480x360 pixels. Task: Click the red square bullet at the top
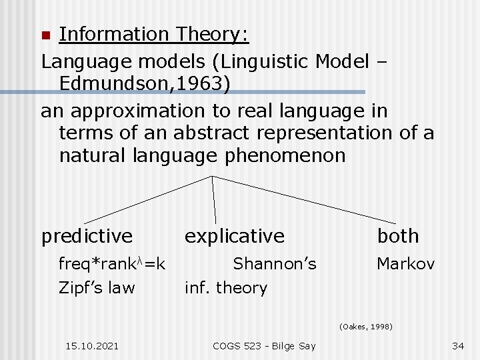click(46, 35)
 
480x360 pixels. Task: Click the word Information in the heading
click(114, 33)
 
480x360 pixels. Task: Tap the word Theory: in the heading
click(211, 33)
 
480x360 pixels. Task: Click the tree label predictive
click(87, 236)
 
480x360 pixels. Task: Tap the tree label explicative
click(234, 236)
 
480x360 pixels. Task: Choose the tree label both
click(398, 236)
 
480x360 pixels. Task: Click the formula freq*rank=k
click(112, 264)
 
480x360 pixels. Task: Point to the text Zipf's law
click(97, 288)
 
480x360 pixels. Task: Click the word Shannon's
click(274, 264)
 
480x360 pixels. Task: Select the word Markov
click(405, 264)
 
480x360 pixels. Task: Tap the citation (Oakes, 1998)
click(365, 327)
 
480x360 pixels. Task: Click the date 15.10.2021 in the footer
click(93, 345)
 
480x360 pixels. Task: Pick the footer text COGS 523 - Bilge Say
click(263, 345)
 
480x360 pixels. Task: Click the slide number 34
click(457, 345)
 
